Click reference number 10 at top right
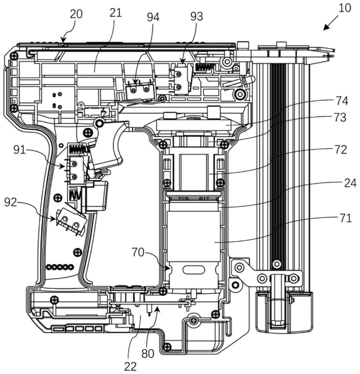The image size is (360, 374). coord(344,8)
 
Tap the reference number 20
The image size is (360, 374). coord(76,14)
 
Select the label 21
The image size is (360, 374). coord(116,13)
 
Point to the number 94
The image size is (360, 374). coord(153,17)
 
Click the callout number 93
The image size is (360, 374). coord(197,16)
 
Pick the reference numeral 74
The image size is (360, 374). coord(342,101)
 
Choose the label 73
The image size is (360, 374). coord(340,117)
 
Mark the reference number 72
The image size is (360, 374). coord(341,150)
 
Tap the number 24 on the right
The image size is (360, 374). coord(350,184)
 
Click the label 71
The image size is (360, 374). coord(345,218)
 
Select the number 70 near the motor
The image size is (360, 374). coord(138,252)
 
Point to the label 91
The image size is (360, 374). coord(20,150)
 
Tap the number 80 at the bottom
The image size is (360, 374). coord(148,354)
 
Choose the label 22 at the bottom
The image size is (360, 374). coord(130,366)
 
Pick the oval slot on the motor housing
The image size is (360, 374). coord(194,270)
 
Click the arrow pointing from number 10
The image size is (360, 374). coord(331,23)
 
